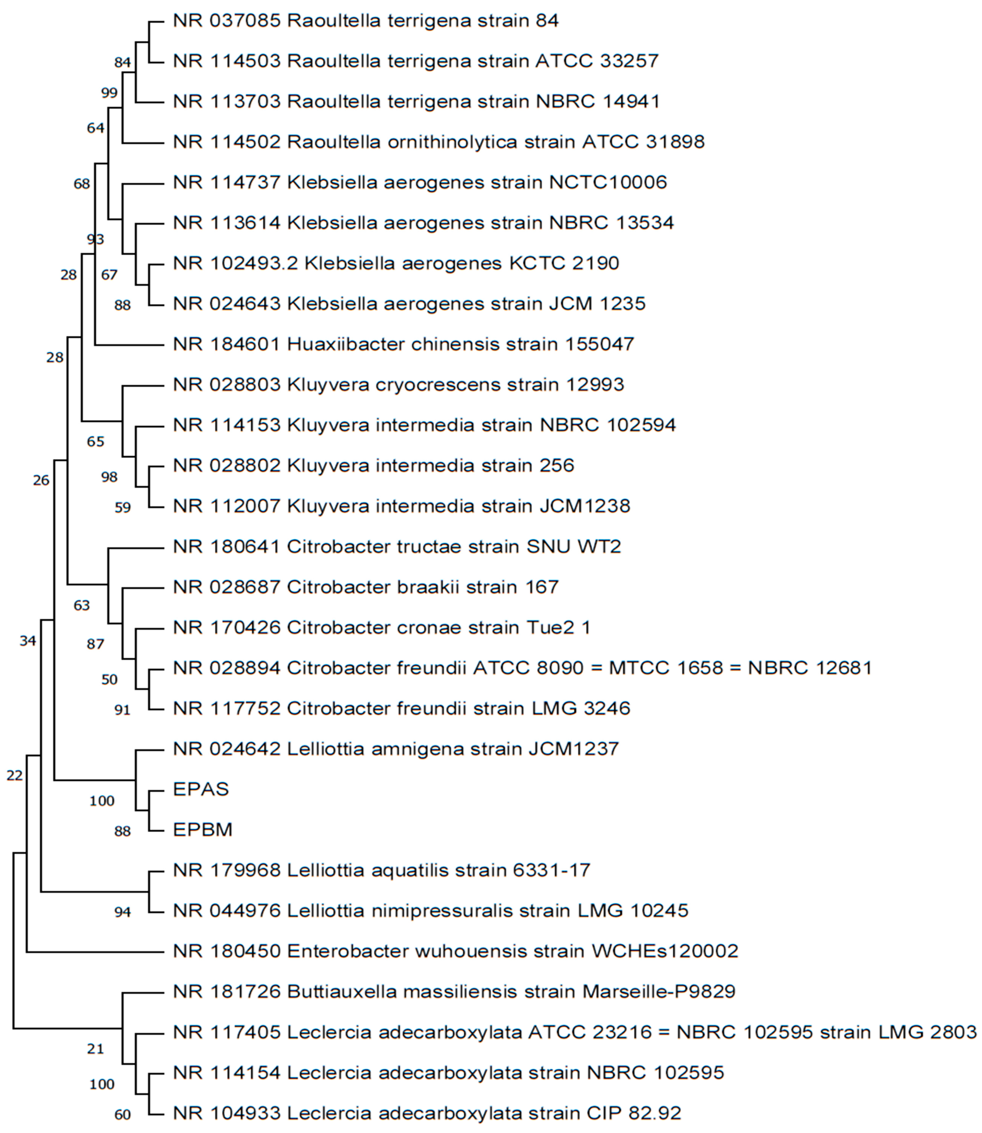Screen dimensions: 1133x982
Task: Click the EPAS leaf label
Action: [201, 789]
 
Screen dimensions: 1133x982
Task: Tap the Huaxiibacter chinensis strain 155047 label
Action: [403, 344]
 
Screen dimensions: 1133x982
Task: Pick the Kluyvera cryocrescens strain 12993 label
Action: [398, 385]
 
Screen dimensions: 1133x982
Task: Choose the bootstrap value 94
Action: [122, 912]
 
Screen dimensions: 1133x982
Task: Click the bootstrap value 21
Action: [95, 1049]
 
